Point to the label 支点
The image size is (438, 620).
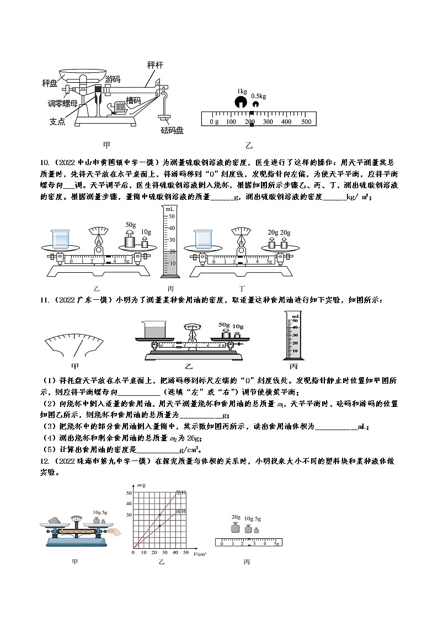click(57, 121)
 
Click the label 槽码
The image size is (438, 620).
click(133, 100)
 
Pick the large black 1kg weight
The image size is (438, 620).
click(241, 102)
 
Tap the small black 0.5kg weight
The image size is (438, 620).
click(255, 104)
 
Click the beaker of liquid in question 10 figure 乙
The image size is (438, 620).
click(61, 239)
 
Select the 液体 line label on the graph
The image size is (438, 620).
click(180, 512)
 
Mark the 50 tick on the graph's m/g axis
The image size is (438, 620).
click(129, 492)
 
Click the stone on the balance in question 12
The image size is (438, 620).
click(54, 521)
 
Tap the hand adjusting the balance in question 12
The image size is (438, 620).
click(115, 531)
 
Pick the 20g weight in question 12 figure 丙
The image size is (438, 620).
click(235, 528)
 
